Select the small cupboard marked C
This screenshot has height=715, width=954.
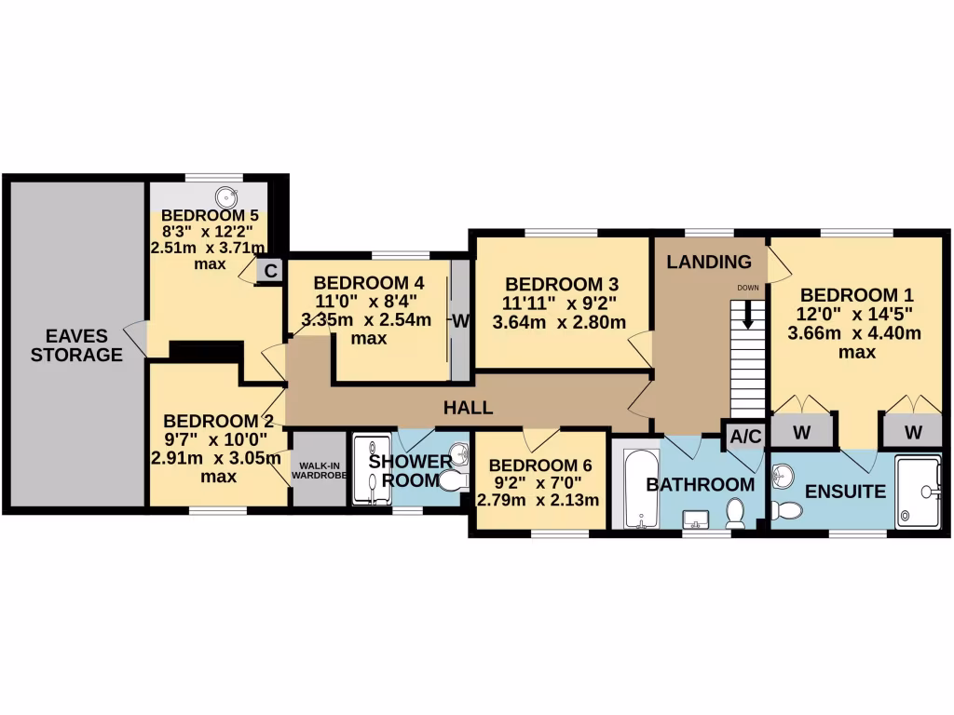point(270,271)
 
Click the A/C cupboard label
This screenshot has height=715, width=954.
point(744,436)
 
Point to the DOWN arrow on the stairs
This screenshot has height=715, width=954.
point(748,316)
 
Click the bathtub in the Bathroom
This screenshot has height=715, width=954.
point(640,490)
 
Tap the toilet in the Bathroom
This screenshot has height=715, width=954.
point(735,513)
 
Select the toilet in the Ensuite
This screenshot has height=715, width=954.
point(787,510)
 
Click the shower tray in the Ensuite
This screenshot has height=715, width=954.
point(918,492)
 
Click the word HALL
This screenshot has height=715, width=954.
point(468,408)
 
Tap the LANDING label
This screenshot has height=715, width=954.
point(709,263)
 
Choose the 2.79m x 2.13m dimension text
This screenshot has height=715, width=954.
point(538,501)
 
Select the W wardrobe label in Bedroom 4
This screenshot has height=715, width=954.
point(460,321)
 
